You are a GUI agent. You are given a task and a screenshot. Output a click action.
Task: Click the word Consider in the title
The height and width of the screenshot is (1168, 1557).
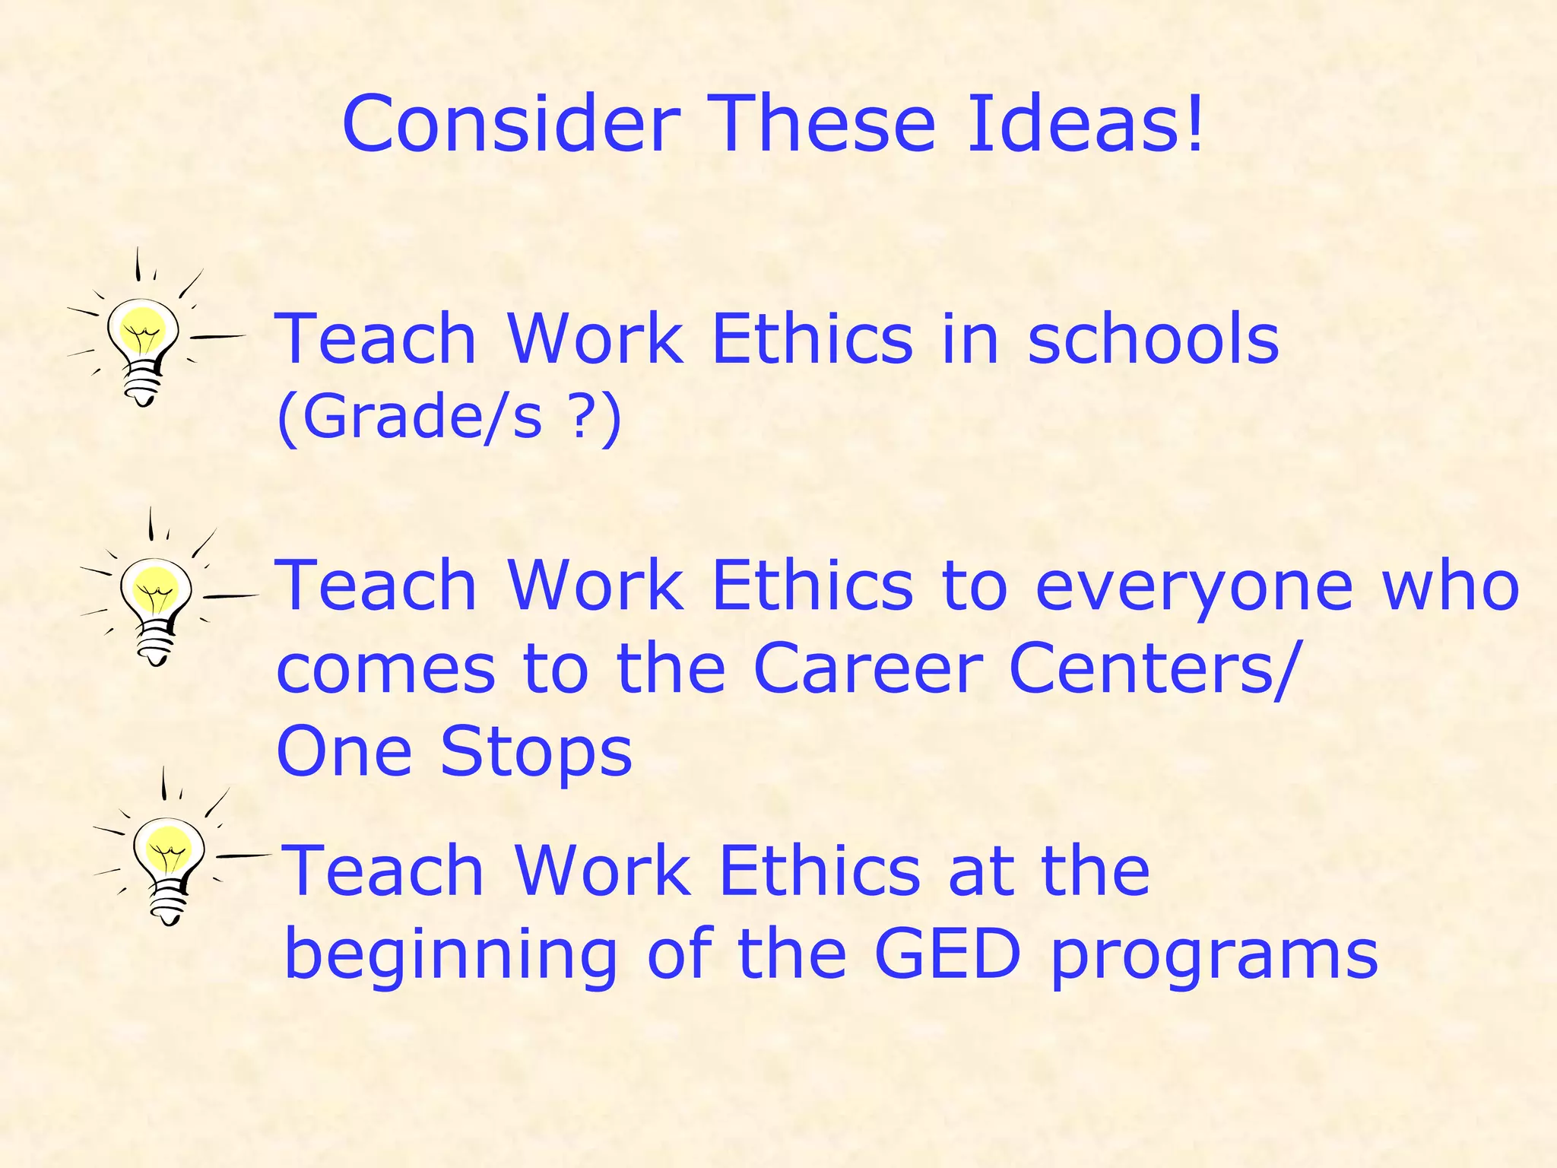pyautogui.click(x=511, y=124)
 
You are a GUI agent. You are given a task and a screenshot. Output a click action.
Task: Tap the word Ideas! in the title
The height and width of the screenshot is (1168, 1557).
pyautogui.click(x=1085, y=124)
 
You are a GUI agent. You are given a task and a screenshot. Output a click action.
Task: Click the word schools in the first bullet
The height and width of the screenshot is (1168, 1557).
pyautogui.click(x=1153, y=338)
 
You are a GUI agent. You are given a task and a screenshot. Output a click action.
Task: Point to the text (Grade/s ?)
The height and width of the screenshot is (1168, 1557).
pyautogui.click(x=449, y=417)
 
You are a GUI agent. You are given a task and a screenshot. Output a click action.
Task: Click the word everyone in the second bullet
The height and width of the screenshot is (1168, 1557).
pyautogui.click(x=1194, y=587)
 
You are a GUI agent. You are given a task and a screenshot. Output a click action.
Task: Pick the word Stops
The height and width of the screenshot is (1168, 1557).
pyautogui.click(x=536, y=751)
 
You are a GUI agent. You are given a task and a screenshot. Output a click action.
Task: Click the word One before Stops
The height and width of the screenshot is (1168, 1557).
pyautogui.click(x=344, y=751)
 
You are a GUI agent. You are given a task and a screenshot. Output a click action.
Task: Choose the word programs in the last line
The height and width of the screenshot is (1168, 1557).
pyautogui.click(x=1214, y=958)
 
